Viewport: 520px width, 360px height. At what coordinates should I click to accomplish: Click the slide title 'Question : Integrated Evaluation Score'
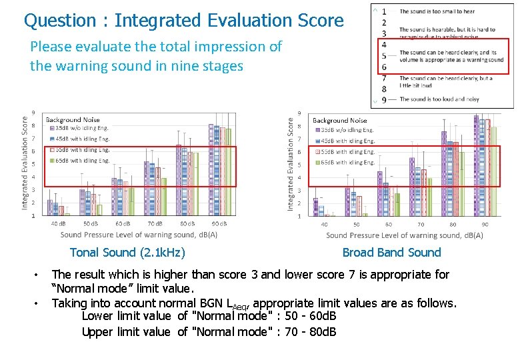pyautogui.click(x=183, y=21)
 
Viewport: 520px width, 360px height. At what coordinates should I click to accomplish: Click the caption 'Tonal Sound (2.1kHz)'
pyautogui.click(x=127, y=252)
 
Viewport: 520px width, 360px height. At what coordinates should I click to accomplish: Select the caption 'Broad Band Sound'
pyautogui.click(x=391, y=252)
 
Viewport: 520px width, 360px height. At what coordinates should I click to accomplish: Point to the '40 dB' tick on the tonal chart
pyautogui.click(x=58, y=223)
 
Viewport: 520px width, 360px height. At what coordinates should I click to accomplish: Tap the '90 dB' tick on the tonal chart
pyautogui.click(x=219, y=223)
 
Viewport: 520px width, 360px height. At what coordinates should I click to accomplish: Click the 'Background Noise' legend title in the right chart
pyautogui.click(x=339, y=120)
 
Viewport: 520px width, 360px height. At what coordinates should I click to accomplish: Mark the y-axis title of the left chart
pyautogui.click(x=25, y=163)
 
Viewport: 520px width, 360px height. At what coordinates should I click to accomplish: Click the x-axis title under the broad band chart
pyautogui.click(x=405, y=235)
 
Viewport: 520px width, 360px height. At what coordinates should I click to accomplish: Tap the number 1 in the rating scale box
pyautogui.click(x=384, y=11)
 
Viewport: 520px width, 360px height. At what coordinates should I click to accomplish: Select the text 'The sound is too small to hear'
pyautogui.click(x=437, y=11)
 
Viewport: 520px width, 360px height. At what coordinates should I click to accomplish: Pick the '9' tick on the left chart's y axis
pyautogui.click(x=34, y=113)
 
